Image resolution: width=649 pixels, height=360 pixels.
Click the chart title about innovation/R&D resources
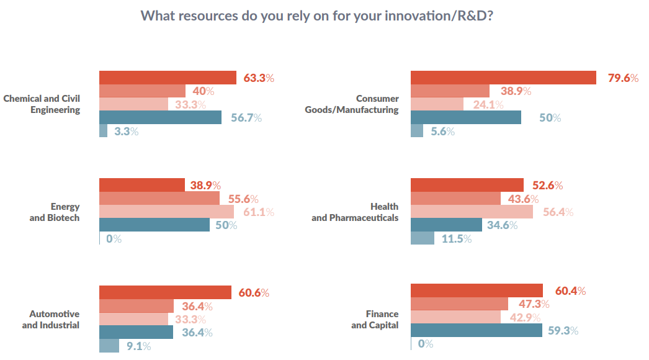317,16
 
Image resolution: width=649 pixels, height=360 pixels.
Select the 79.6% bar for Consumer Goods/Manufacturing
503,78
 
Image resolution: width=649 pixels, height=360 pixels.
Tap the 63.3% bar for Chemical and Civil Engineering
168,78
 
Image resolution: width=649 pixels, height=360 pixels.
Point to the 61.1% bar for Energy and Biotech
166,212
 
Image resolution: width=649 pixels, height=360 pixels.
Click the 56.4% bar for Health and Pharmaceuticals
472,212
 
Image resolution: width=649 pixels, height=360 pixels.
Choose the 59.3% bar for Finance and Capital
476,331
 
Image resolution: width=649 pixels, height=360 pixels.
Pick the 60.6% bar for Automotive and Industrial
165,292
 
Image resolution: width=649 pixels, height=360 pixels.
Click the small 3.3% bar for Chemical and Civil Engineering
103,131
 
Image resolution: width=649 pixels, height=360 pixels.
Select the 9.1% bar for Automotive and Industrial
109,346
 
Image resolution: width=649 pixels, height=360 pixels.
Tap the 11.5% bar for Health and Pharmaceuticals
422,238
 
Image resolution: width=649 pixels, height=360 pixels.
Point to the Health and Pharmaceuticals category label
355,212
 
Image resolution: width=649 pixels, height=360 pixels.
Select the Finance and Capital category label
375,319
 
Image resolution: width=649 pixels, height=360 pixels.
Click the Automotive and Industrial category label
51,319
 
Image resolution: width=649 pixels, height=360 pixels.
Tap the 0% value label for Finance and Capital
426,344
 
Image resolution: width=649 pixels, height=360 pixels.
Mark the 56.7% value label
246,118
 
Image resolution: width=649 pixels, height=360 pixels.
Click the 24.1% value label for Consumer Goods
488,104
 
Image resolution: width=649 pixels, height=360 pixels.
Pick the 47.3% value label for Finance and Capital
529,304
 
